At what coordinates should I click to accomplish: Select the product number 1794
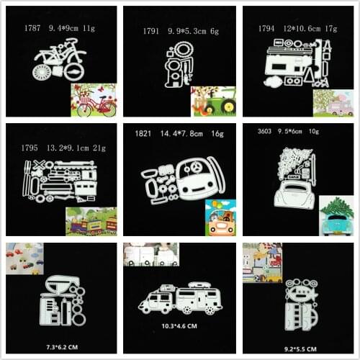pyautogui.click(x=266, y=29)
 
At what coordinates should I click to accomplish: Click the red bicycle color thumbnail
pyautogui.click(x=93, y=100)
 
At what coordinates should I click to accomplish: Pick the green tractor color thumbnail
pyautogui.click(x=213, y=102)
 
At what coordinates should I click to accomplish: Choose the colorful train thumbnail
pyautogui.click(x=91, y=220)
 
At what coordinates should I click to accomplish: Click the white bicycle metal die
pyautogui.click(x=58, y=58)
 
